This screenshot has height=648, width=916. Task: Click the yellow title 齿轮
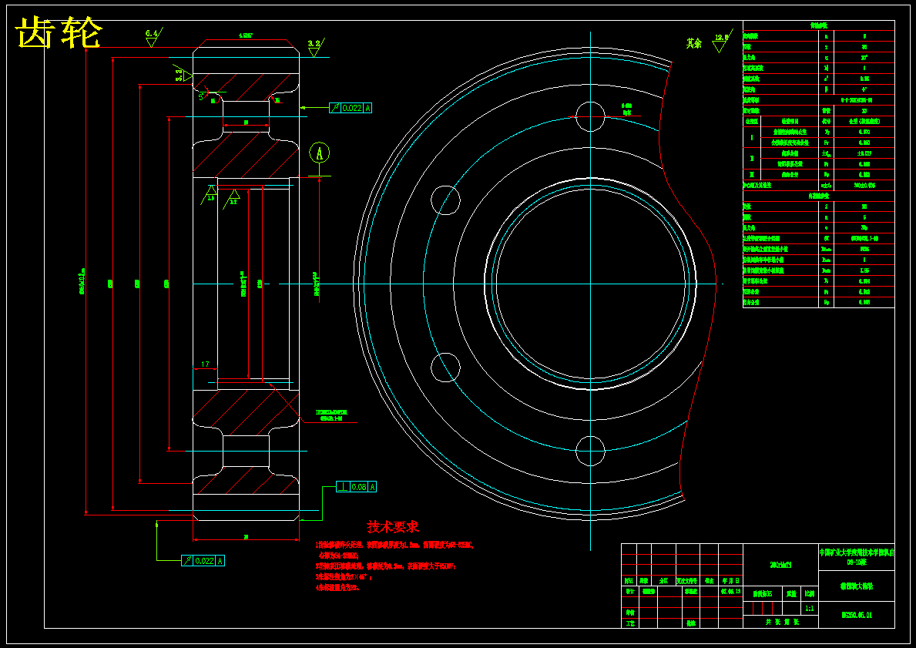[59, 34]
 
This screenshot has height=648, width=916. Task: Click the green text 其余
[694, 43]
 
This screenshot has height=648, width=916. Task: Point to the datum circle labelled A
[319, 153]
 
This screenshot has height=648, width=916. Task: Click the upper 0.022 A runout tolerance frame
[351, 108]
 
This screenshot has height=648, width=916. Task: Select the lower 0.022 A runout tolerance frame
[203, 561]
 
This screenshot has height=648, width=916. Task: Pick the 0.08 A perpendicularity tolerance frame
[357, 487]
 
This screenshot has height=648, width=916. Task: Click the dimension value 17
[205, 364]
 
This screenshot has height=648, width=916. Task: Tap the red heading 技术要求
[393, 527]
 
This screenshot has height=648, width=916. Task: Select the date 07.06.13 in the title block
[730, 593]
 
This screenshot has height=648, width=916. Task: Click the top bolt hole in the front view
[590, 116]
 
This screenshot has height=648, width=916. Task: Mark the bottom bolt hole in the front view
[590, 451]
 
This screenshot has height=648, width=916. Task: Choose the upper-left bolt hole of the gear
[445, 200]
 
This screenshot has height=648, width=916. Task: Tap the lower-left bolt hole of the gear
[445, 368]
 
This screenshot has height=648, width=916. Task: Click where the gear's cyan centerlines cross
[590, 284]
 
